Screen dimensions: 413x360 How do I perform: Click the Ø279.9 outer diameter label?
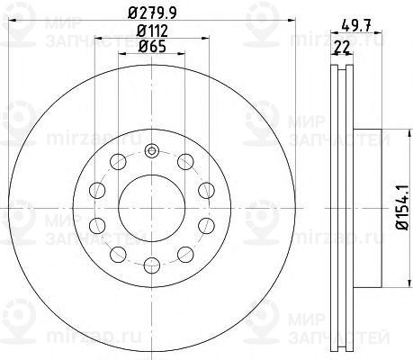(x=152, y=13)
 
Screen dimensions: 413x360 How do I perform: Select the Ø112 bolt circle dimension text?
(x=152, y=31)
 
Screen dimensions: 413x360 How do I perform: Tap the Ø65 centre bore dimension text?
(x=152, y=47)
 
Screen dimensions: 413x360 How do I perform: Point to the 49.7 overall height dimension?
(x=356, y=24)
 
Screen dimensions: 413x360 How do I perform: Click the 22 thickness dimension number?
(x=342, y=47)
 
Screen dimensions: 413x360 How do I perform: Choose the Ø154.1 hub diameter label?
(x=402, y=208)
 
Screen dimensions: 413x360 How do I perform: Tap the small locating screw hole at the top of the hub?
(x=152, y=151)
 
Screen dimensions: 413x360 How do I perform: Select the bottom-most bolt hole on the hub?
(x=152, y=265)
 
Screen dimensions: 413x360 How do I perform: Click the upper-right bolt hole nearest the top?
(x=185, y=162)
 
